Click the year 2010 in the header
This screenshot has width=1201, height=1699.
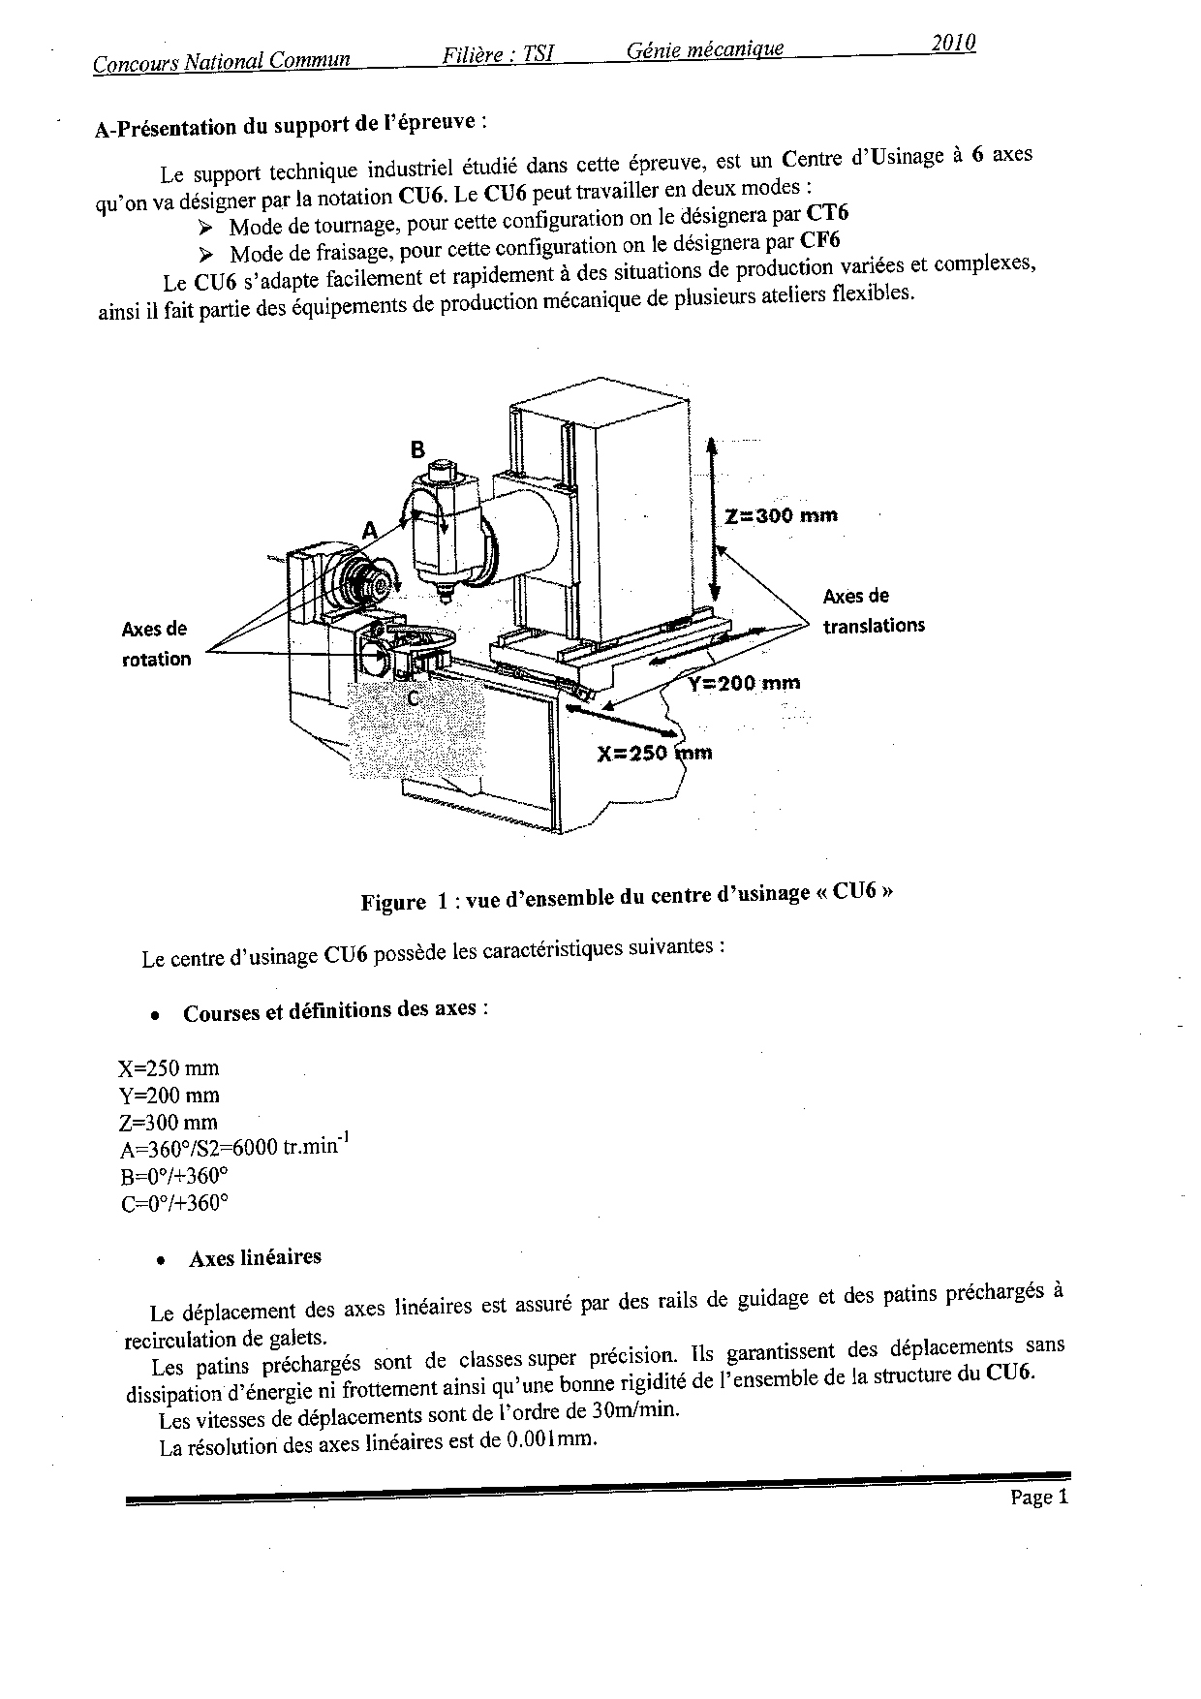[953, 43]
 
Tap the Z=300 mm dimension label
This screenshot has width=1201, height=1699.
[782, 515]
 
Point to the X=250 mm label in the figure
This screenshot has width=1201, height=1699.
[655, 753]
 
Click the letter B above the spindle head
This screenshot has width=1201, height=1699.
[417, 449]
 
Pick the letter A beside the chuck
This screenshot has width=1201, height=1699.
[369, 530]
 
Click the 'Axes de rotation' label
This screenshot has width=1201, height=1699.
[156, 644]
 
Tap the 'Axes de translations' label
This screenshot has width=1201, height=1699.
[873, 611]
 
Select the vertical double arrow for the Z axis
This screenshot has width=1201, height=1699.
[714, 519]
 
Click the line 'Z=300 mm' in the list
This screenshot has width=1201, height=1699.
[168, 1123]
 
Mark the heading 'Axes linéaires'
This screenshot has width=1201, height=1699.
[255, 1257]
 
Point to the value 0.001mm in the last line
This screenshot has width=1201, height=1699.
[547, 1440]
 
